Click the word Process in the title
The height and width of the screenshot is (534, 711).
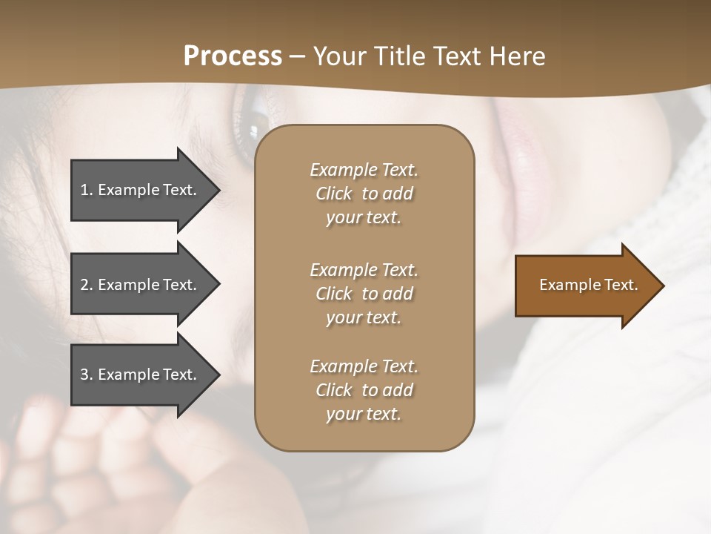click(233, 56)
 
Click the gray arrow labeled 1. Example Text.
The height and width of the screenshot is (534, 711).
click(141, 190)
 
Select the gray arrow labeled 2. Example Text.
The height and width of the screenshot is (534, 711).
click(141, 285)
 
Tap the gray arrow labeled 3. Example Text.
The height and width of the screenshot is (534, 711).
click(141, 375)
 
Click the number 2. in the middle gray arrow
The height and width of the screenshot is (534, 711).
click(86, 285)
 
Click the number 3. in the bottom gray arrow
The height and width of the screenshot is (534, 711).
click(86, 375)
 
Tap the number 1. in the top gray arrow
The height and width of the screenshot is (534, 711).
click(86, 190)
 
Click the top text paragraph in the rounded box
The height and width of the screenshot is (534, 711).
click(364, 194)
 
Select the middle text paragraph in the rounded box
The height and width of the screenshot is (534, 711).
click(364, 294)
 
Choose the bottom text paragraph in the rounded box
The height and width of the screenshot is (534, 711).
click(364, 390)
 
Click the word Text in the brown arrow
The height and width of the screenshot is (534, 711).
click(621, 285)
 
